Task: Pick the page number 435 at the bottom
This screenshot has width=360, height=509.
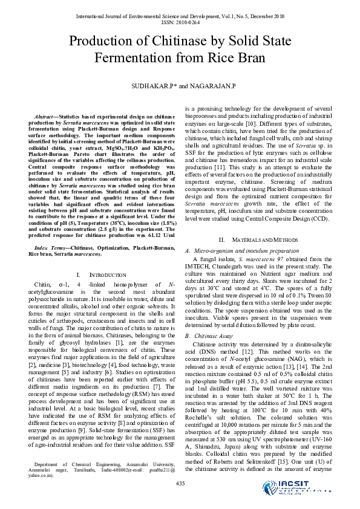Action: pos(180,482)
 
